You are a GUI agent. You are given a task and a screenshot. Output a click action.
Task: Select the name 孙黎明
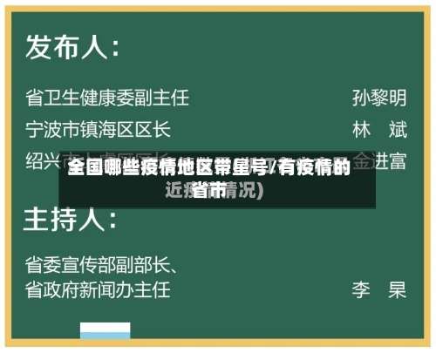[x=379, y=97]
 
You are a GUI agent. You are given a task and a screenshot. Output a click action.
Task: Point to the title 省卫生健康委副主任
[x=107, y=97]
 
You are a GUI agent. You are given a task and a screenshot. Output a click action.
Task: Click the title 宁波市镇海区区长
[x=98, y=130]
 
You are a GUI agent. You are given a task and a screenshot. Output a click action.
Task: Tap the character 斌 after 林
[x=398, y=130]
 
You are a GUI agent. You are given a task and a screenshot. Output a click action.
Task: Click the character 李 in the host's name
[x=362, y=288]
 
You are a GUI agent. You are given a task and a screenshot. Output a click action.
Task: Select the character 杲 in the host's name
[x=398, y=288]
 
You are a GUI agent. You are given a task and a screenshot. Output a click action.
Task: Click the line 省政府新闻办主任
[x=98, y=288]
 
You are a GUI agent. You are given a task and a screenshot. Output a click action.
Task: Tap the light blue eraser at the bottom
[x=106, y=332]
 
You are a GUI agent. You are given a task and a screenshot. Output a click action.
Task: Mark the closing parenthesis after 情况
[x=260, y=190]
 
